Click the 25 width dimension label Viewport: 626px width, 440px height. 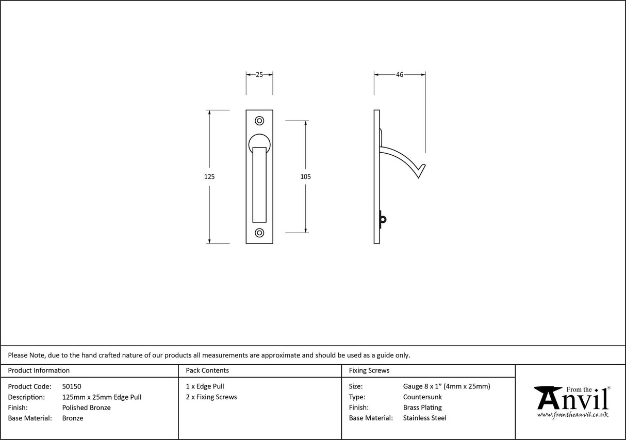259,75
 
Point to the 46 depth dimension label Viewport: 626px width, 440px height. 400,75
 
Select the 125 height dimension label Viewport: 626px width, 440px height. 209,176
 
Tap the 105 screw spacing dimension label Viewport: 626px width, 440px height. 305,176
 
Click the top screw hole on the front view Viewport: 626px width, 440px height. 259,121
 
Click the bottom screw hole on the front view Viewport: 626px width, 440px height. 259,233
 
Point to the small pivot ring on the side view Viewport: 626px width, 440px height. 382,220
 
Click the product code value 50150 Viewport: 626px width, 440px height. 71,386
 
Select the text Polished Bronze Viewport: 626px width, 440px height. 86,408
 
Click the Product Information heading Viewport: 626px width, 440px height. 39,370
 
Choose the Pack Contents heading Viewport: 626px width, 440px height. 207,370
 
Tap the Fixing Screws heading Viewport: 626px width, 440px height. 369,370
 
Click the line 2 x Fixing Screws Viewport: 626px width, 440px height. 211,397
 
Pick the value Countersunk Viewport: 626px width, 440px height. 422,397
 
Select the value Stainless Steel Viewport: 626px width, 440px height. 424,418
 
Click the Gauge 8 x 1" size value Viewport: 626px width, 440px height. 446,386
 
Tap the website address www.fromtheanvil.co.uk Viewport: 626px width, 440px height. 572,415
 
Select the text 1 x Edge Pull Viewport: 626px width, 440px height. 205,386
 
